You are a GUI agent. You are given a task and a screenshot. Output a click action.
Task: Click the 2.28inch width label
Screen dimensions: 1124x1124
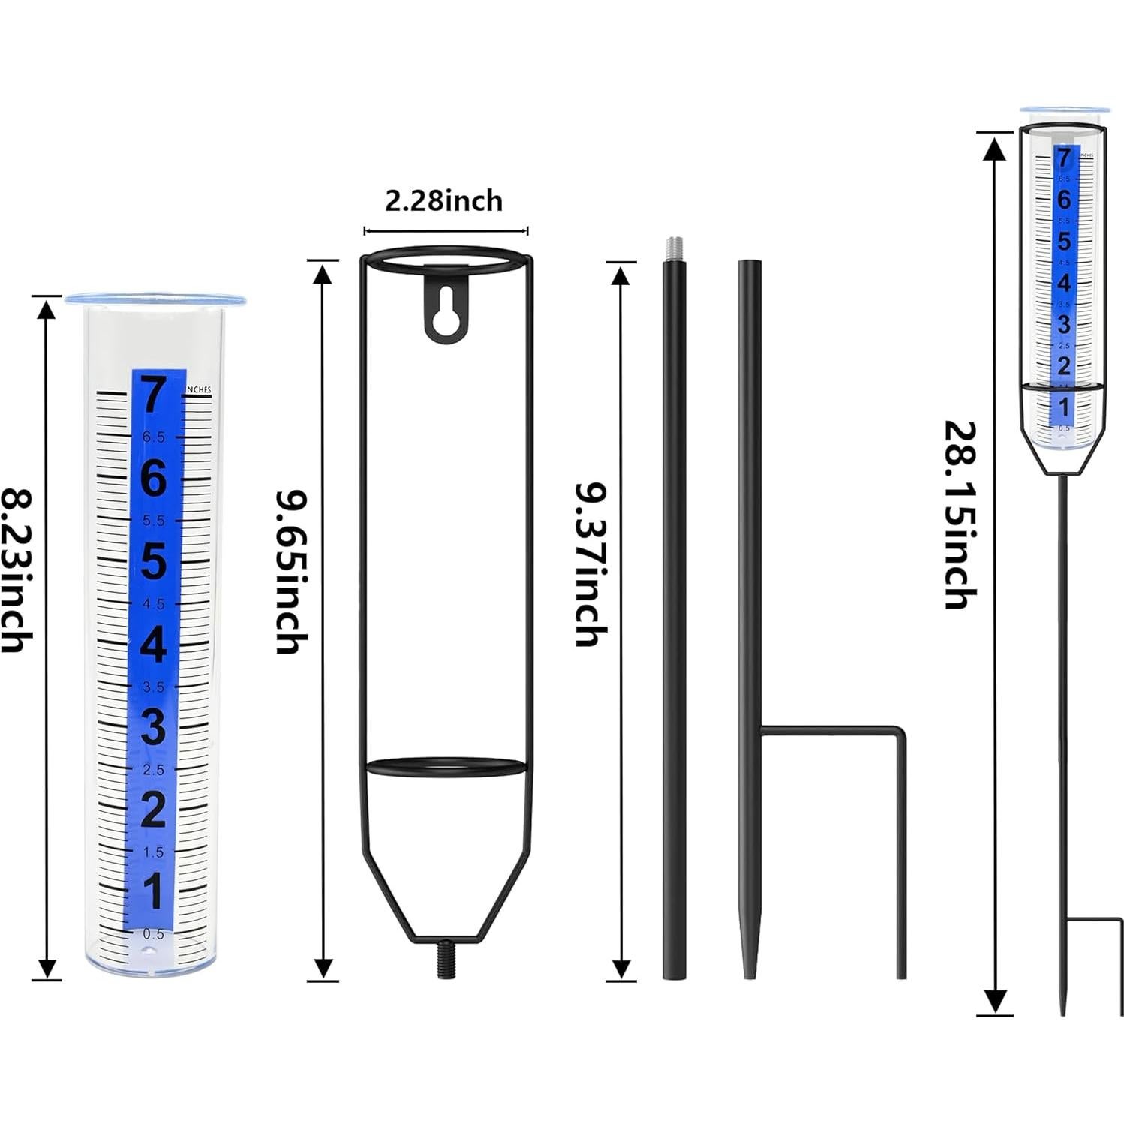[x=443, y=201]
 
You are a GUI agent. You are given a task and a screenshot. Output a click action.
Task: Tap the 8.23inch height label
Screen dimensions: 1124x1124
[x=17, y=570]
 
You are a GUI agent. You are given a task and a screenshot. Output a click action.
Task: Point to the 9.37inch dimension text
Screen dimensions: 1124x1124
[x=591, y=564]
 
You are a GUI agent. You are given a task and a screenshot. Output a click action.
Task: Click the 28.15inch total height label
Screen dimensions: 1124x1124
[x=960, y=515]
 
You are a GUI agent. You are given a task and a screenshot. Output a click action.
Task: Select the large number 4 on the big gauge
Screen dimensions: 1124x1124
[x=154, y=645]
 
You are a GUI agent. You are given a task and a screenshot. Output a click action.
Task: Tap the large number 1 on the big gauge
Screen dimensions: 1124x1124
[x=153, y=893]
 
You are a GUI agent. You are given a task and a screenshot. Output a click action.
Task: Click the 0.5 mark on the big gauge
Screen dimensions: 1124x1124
[x=153, y=934]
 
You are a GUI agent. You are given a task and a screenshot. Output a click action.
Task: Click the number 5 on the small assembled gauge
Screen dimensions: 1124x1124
[x=1063, y=242]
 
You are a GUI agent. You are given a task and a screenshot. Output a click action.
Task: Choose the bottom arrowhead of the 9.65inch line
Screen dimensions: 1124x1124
[x=323, y=968]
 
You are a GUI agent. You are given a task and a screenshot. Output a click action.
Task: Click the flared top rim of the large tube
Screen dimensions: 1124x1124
[x=156, y=300]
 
